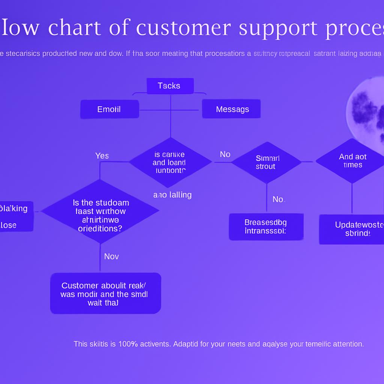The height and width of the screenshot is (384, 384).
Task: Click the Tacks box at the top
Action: (x=170, y=86)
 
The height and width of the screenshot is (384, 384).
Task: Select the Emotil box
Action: (x=109, y=109)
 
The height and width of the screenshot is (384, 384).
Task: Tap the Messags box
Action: (x=231, y=109)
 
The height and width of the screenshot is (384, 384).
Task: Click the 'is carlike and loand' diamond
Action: (x=170, y=162)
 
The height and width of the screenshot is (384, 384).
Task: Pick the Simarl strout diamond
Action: (x=266, y=162)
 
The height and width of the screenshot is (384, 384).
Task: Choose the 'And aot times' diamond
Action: (x=352, y=161)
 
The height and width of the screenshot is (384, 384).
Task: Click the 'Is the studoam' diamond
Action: (x=100, y=211)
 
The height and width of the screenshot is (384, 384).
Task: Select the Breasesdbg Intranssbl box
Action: (x=266, y=226)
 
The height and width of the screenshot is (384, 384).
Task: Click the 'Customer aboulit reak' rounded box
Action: (x=105, y=293)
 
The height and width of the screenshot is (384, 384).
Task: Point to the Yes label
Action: (x=102, y=156)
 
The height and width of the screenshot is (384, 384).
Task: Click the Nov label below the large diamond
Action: (x=111, y=256)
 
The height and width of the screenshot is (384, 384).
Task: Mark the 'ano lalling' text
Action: (x=172, y=195)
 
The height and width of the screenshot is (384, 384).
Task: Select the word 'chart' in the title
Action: (x=75, y=28)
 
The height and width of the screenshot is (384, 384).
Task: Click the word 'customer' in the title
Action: (x=183, y=28)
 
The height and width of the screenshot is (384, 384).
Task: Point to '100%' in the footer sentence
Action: (x=128, y=344)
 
